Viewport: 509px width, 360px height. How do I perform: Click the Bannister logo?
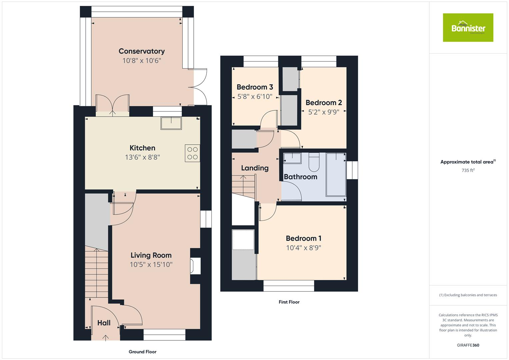pos(468,28)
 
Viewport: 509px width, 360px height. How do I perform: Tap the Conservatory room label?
pos(142,51)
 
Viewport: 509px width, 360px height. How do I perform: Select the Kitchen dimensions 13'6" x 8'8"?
pos(142,157)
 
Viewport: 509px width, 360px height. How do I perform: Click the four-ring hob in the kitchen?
pos(192,153)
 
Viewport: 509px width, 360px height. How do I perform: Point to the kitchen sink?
pos(171,123)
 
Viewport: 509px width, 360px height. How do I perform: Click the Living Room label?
pos(151,255)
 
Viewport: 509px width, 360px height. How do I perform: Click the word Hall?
pos(104,323)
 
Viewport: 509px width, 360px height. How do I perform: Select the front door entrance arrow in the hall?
pos(106,338)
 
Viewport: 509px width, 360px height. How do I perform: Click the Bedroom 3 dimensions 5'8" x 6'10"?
pos(255,97)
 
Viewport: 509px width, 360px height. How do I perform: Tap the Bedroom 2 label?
pos(324,103)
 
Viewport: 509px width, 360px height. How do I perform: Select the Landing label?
pos(255,168)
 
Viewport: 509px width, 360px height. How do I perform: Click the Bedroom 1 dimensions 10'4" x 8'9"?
pos(303,248)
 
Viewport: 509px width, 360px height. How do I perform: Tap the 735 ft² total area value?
pos(468,170)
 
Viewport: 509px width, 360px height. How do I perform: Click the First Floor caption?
pos(289,302)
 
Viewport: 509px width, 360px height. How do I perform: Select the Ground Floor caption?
pos(142,352)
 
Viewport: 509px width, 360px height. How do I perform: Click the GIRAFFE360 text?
pos(468,345)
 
